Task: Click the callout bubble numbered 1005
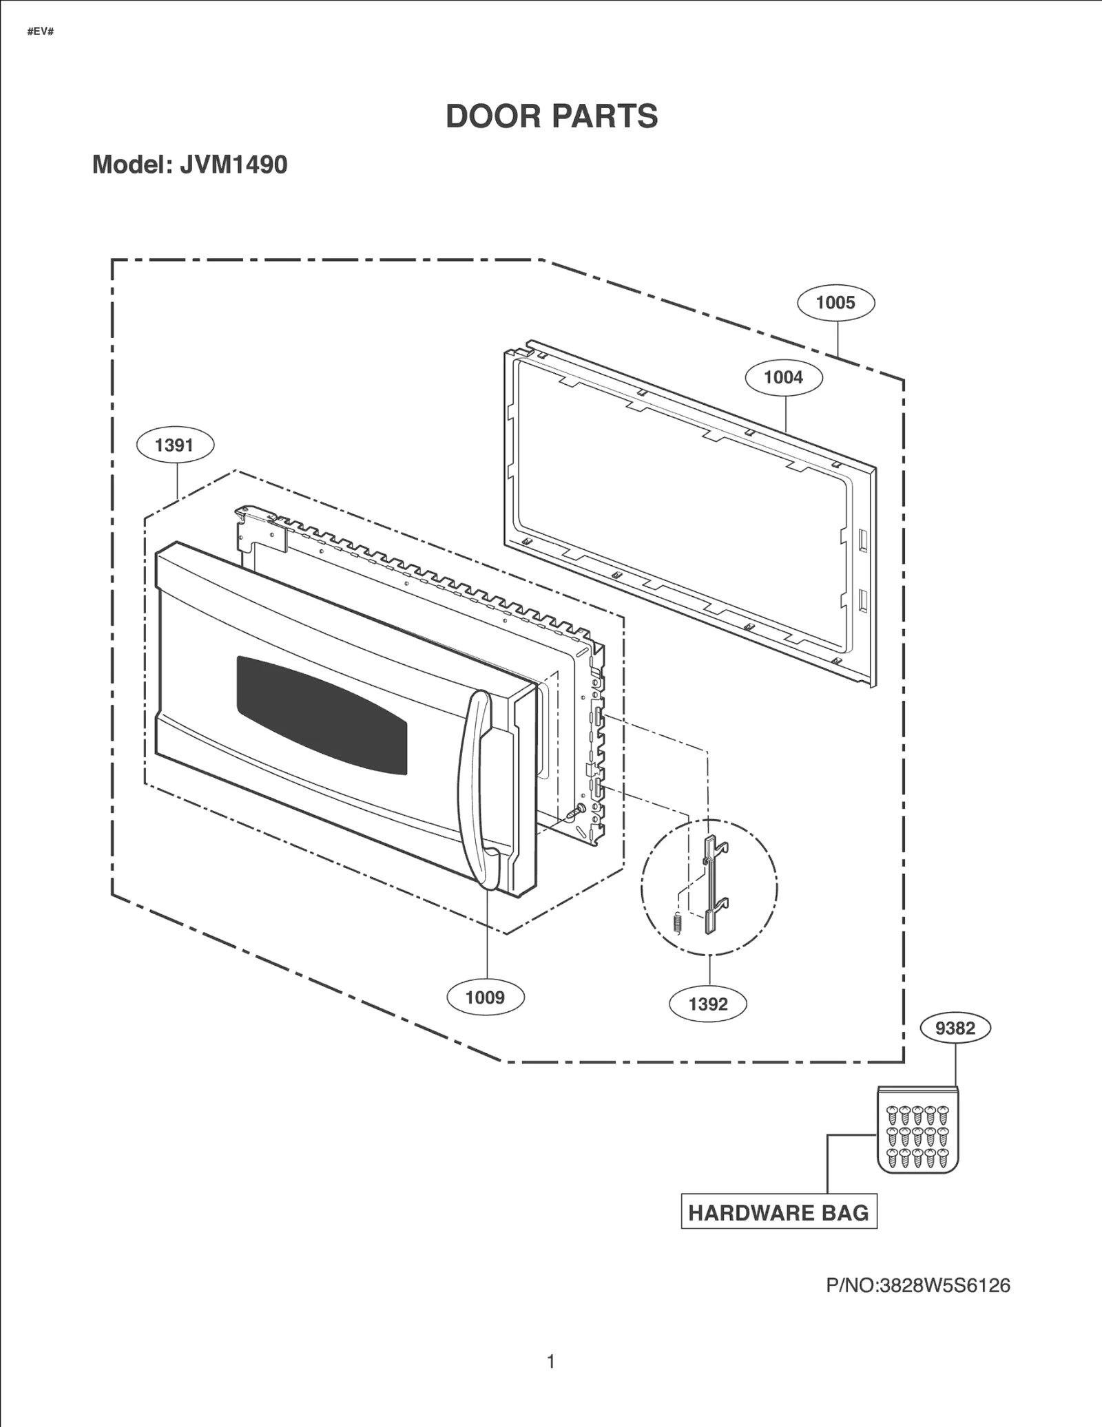click(835, 303)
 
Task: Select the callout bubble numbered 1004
click(784, 377)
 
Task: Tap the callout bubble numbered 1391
click(175, 445)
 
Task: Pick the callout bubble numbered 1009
click(485, 997)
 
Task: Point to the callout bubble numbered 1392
click(708, 1004)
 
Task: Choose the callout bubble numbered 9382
click(955, 1028)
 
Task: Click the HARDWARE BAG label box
click(779, 1213)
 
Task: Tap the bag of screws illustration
click(917, 1130)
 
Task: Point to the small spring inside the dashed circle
click(677, 922)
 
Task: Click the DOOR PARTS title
click(552, 116)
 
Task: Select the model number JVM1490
click(233, 165)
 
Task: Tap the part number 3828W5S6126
click(944, 1286)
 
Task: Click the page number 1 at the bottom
click(551, 1362)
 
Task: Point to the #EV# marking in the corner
click(40, 32)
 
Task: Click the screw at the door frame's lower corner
click(575, 812)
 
